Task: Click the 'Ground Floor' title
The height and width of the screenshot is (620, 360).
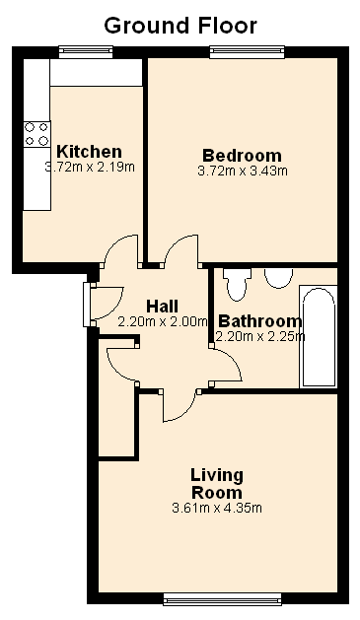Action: [180, 26]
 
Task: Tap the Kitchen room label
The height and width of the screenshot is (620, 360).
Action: [89, 151]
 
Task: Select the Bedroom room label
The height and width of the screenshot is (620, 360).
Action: [242, 155]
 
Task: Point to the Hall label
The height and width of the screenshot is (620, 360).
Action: [162, 306]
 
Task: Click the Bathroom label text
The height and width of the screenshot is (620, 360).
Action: [260, 321]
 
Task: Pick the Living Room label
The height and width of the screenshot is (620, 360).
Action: [217, 484]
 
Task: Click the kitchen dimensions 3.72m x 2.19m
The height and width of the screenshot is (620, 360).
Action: [90, 167]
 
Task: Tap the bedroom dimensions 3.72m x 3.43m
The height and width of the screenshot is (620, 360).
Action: [243, 171]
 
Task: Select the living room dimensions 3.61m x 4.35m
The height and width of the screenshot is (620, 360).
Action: [217, 508]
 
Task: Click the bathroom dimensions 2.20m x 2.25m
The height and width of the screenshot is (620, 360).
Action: [260, 336]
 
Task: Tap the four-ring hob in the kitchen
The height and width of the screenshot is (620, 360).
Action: [36, 134]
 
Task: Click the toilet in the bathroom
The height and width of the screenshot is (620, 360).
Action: [238, 285]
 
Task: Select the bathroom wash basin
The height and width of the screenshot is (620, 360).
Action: [278, 278]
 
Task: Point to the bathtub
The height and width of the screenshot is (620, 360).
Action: [319, 336]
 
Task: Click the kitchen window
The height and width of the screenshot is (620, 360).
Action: [86, 52]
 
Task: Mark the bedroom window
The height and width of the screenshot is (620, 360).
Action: [247, 52]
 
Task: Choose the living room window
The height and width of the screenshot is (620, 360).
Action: [222, 598]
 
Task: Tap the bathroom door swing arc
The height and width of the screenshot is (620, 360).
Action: [235, 361]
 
